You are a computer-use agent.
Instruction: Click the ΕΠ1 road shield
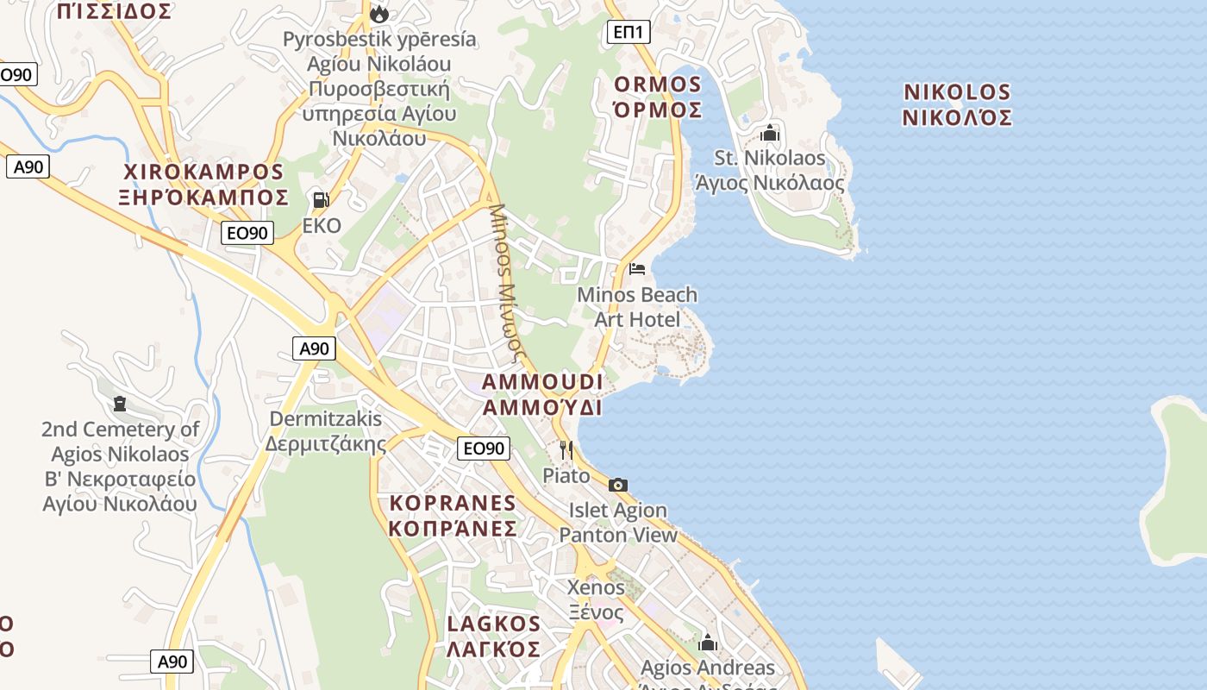coord(629,33)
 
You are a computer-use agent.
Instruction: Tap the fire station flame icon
coord(378,13)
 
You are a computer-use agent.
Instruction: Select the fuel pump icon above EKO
coord(321,200)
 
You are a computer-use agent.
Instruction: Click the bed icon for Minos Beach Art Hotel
coord(637,269)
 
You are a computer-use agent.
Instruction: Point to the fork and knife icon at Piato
coord(566,449)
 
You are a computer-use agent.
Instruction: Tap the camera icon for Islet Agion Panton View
coord(617,485)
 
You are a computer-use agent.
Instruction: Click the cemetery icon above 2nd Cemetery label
coord(120,404)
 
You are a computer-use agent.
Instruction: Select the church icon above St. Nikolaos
coord(770,134)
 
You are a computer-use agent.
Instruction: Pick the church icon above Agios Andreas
coord(708,643)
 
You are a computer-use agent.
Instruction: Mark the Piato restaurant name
coord(566,475)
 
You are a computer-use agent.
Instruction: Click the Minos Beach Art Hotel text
coord(637,307)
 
